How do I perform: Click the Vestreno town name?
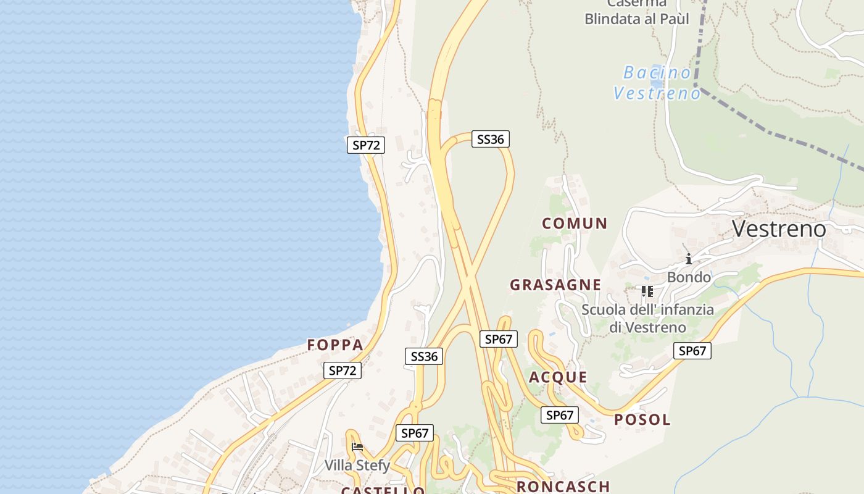[x=779, y=229]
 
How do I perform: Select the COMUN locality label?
[x=575, y=224]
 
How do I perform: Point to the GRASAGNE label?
[x=555, y=285]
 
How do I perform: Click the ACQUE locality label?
[x=558, y=377]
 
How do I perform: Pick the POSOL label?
[x=642, y=420]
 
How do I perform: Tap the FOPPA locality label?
[x=335, y=345]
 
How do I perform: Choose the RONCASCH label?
[x=563, y=487]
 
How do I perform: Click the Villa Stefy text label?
[x=358, y=465]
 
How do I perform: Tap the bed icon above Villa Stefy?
[x=357, y=447]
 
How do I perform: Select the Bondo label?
[x=689, y=277]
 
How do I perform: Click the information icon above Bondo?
[x=688, y=259]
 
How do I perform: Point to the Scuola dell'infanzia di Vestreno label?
[x=648, y=318]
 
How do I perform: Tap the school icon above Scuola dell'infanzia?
[x=647, y=290]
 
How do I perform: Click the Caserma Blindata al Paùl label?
[x=637, y=12]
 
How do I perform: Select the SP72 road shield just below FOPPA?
[x=343, y=371]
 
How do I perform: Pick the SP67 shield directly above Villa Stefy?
[x=415, y=433]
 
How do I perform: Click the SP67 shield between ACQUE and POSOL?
[x=560, y=416]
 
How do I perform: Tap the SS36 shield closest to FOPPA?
[x=424, y=356]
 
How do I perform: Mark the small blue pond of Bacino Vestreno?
[x=657, y=83]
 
